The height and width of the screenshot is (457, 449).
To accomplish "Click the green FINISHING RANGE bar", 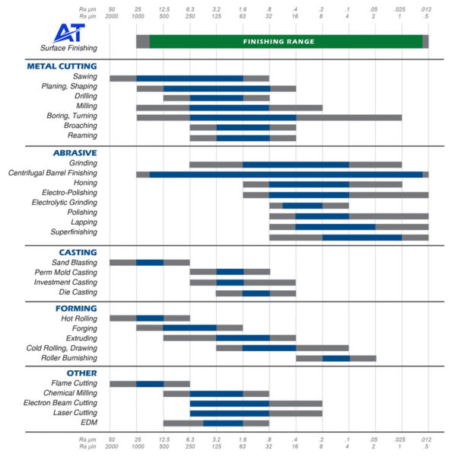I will (285, 42).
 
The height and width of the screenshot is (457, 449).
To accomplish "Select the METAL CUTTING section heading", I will (62, 66).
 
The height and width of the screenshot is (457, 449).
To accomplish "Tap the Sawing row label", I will (84, 77).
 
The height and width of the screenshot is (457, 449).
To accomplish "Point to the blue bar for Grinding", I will (295, 164).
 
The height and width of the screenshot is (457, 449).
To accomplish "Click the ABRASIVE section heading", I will (72, 152).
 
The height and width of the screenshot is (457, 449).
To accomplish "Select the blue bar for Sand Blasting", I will (150, 262).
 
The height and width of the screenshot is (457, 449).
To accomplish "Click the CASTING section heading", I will (77, 252).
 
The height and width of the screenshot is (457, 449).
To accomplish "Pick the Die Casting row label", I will (78, 292).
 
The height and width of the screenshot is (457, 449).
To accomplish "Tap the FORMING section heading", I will (75, 308).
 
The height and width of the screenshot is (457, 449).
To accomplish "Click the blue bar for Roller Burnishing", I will (336, 358).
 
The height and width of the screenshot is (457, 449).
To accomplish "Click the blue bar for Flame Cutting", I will (150, 384).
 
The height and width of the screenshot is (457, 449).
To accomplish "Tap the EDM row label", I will (88, 423).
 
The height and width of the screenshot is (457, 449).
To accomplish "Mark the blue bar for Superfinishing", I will (361, 238).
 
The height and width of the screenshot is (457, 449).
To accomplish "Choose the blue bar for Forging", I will (189, 328).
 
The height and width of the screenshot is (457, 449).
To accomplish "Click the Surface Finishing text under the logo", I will (69, 48).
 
